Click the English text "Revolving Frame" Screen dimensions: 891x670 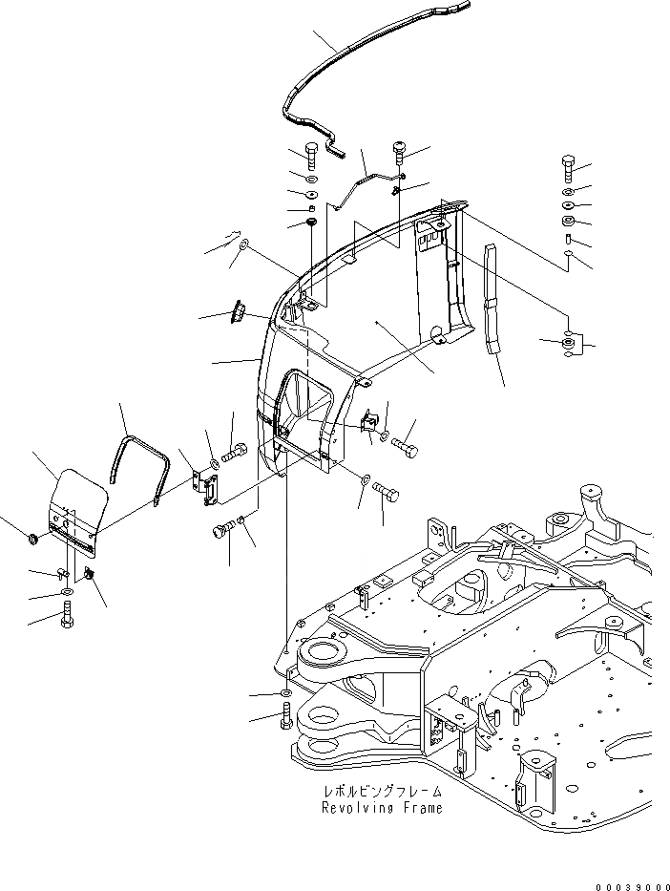382,808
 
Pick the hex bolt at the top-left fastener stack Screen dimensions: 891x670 312,155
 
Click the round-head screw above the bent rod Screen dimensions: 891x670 400,153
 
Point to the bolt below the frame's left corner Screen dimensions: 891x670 287,715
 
